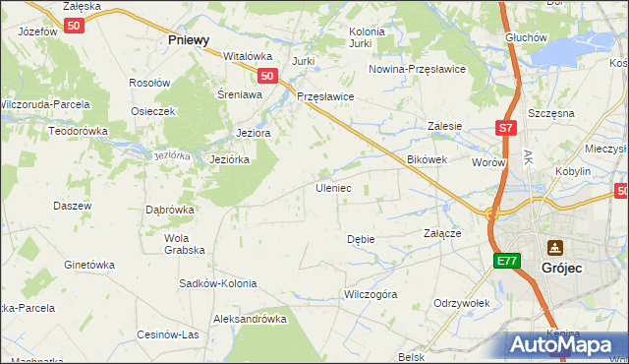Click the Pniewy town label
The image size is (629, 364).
click(189, 39)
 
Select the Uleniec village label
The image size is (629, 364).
click(332, 187)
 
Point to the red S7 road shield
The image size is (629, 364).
click(504, 128)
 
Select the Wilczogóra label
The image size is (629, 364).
click(370, 293)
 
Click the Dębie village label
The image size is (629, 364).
click(361, 239)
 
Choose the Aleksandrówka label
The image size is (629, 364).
click(250, 319)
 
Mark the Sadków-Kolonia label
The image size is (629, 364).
click(217, 283)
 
